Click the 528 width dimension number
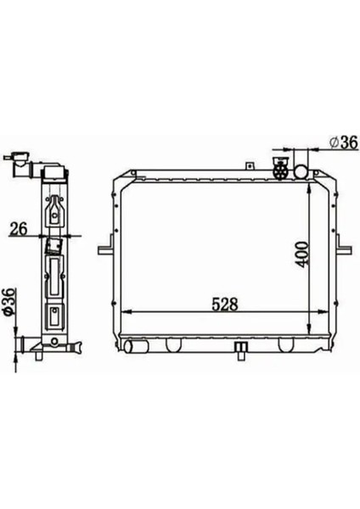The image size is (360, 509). pos(223,303)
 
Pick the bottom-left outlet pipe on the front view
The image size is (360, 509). pos(133,346)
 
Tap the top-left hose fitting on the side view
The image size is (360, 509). pos(19,159)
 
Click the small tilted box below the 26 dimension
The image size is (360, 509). pos(53,246)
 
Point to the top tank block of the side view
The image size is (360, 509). pos(53,178)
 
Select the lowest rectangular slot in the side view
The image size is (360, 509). pos(54,319)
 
